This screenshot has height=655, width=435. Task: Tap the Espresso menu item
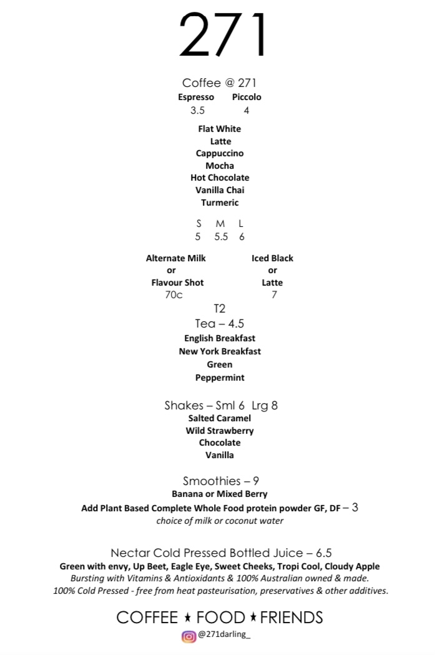click(x=196, y=97)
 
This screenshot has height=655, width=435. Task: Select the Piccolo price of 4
click(x=247, y=111)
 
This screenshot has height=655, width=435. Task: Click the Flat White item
click(x=220, y=129)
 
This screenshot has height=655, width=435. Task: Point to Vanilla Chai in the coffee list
click(x=220, y=190)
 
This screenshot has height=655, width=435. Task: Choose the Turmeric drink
click(x=220, y=202)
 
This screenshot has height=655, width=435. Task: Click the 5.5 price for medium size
click(x=221, y=237)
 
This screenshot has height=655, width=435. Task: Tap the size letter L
click(x=242, y=224)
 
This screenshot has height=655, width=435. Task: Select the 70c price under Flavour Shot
click(x=174, y=295)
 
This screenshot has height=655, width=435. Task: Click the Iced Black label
click(x=272, y=258)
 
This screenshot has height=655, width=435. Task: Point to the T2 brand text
click(x=219, y=309)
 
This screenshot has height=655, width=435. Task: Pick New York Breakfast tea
click(x=220, y=351)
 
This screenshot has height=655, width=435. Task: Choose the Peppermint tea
click(x=220, y=377)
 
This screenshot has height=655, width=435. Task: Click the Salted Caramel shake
click(x=220, y=418)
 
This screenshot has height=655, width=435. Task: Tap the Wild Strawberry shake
click(x=220, y=431)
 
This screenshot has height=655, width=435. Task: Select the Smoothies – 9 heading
click(x=220, y=481)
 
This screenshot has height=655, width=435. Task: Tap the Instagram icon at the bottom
click(x=188, y=637)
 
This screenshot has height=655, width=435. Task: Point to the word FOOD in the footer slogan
click(x=221, y=618)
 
